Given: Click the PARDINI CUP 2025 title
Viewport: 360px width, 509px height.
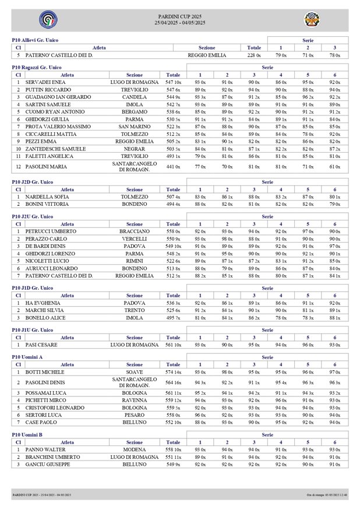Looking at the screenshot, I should [180, 16].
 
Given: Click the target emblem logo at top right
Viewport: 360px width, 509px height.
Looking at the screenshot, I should [312, 20].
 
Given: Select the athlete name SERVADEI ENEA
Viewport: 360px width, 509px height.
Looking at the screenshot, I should [45, 83].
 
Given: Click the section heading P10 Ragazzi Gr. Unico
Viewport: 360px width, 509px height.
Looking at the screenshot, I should [37, 68].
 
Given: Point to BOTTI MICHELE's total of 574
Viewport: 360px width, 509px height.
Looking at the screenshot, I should [173, 372].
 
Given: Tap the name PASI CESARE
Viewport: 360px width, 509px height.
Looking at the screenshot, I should [41, 345].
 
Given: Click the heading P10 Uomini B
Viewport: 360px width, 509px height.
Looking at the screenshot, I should [29, 435].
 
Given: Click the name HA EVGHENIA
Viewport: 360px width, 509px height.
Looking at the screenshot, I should [43, 303].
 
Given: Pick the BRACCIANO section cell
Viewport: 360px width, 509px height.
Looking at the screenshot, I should [135, 231].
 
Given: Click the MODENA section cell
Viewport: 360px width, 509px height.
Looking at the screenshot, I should [135, 450].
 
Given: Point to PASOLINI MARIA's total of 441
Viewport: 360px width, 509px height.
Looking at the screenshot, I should [173, 167].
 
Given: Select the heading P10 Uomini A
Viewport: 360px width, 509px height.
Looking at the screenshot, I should [29, 357].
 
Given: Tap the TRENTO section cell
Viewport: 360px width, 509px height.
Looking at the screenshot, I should [135, 311].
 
